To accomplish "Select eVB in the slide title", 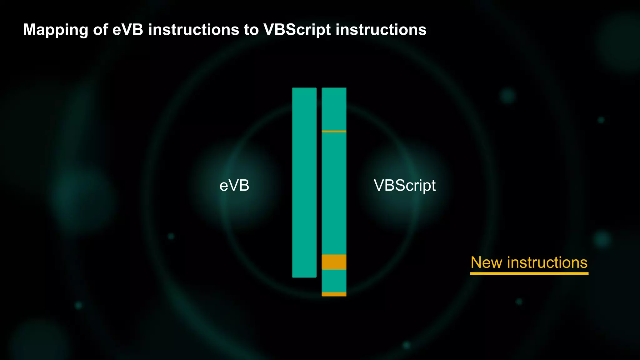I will [x=128, y=30].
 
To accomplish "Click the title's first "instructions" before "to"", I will [x=194, y=30].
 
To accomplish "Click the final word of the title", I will [x=381, y=30].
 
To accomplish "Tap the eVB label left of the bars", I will [x=234, y=186].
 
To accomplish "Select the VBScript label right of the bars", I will [x=404, y=186].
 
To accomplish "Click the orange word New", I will [x=487, y=262].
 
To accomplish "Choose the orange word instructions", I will [x=547, y=262].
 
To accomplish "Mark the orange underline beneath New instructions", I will [x=529, y=273].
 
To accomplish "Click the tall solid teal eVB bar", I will [x=304, y=182].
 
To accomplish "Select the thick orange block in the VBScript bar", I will [x=334, y=262].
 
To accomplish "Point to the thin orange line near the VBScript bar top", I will [x=334, y=131].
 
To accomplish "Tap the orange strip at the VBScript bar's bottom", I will [x=334, y=294].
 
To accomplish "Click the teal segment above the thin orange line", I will [x=334, y=109].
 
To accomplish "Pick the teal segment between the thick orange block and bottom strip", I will [x=334, y=281].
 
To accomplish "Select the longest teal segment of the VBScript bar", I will [x=334, y=193].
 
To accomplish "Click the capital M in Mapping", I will [x=29, y=30].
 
